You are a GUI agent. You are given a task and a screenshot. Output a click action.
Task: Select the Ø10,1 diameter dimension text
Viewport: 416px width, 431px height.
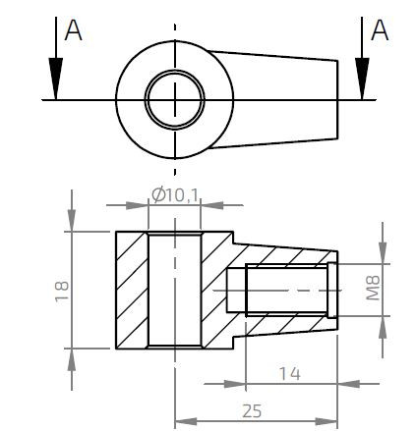click(176, 195)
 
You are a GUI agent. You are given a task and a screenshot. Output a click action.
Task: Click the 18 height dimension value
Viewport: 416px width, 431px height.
click(62, 290)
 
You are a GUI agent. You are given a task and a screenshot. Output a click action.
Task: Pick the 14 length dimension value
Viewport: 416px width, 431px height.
click(289, 374)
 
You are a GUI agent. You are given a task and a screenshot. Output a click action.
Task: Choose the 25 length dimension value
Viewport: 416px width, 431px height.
click(253, 410)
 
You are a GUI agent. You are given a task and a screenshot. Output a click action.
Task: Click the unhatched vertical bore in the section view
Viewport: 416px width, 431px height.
click(175, 290)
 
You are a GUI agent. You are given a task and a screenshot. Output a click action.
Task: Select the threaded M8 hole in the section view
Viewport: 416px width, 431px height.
click(280, 291)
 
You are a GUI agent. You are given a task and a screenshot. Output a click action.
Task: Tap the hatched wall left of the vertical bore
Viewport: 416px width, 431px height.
click(132, 290)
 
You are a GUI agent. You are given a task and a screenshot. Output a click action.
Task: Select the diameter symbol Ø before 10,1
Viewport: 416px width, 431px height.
click(157, 195)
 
